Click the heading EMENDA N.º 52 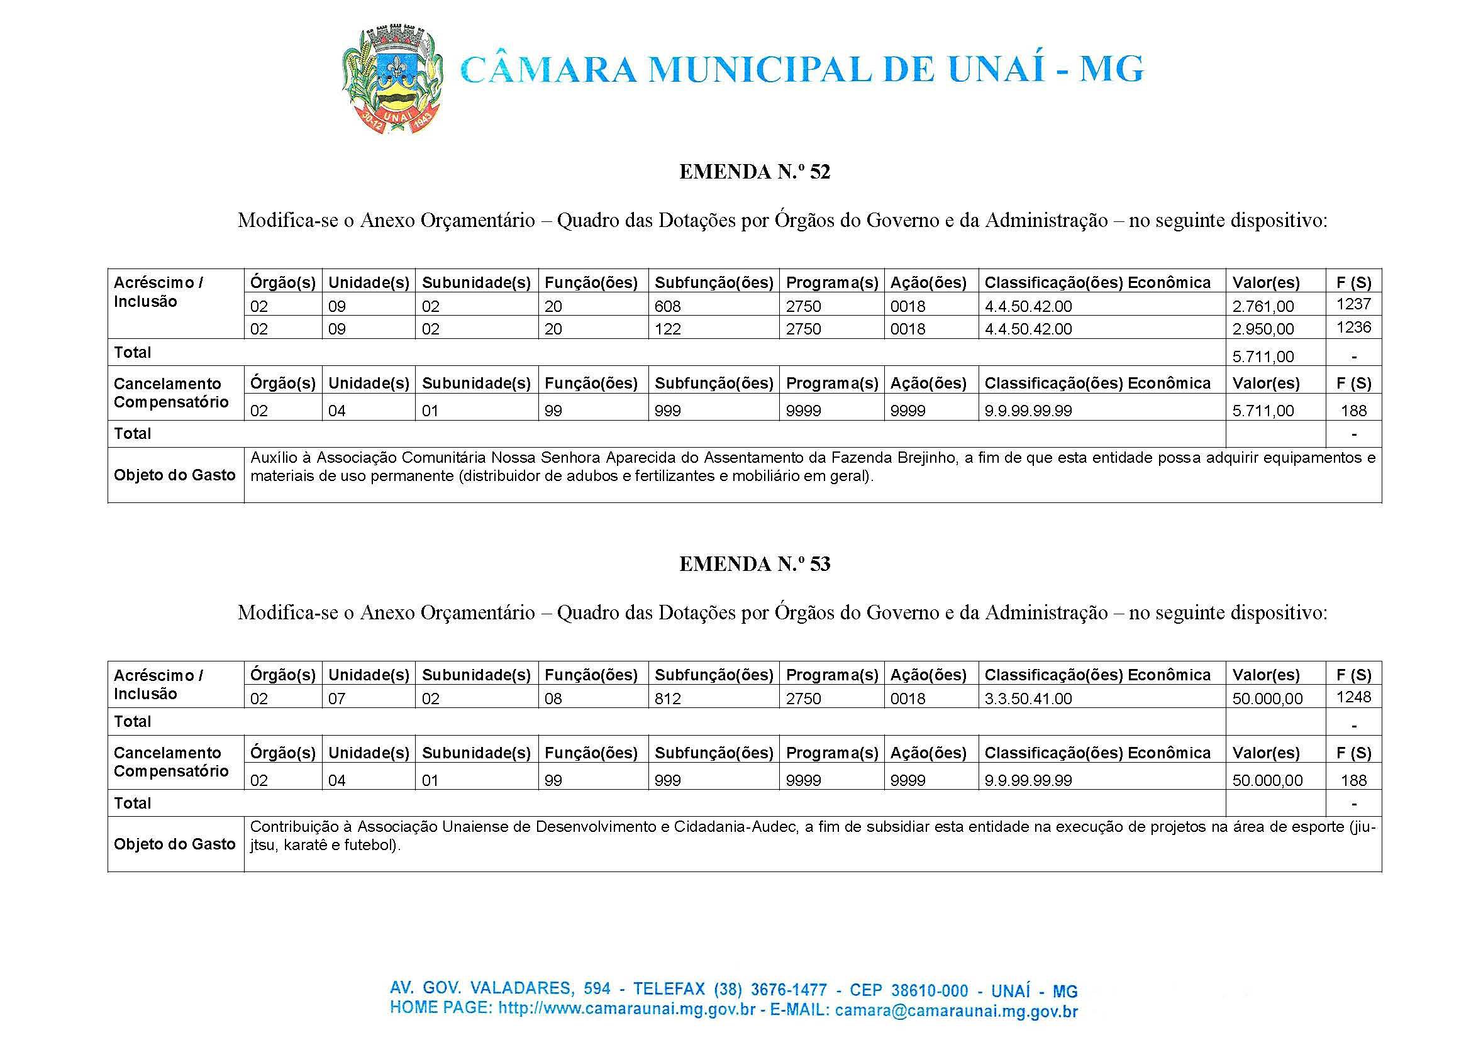[754, 172]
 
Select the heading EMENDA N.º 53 [754, 565]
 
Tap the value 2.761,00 [1262, 306]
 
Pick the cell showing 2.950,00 [1262, 329]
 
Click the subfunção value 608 [667, 306]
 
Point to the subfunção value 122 [667, 329]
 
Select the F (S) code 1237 [1353, 304]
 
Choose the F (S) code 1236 [1353, 328]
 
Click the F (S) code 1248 [1353, 697]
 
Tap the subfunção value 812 [667, 699]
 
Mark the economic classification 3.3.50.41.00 [1028, 699]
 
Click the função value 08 [553, 699]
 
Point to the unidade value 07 [336, 699]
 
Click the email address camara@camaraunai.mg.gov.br [955, 1011]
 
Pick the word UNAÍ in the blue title [996, 69]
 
